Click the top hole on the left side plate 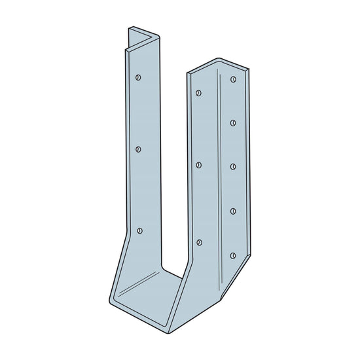click(138, 77)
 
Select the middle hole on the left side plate click(139, 149)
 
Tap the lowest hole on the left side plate click(139, 230)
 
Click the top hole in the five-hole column click(233, 79)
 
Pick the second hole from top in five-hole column click(233, 122)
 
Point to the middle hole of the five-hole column click(233, 166)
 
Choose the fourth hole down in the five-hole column click(233, 211)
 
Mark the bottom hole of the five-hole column click(233, 255)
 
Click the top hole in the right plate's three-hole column click(199, 91)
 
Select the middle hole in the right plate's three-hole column click(199, 164)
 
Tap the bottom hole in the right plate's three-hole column click(199, 243)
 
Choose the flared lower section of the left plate click(128, 268)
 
